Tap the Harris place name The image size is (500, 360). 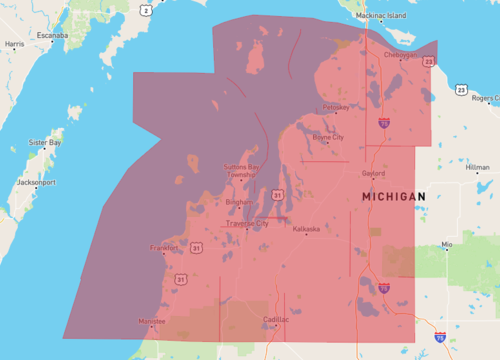pos(14,44)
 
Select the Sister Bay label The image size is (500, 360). pos(46,142)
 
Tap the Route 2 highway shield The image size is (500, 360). pos(146,10)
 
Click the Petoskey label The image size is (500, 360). pos(336,107)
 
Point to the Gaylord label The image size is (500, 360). pos(372,172)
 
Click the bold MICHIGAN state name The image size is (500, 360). pos(393,197)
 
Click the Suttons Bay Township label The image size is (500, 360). pos(241,170)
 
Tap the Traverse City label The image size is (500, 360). pos(247,223)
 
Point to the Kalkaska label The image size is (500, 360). pos(306,229)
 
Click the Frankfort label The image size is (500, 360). pos(164,247)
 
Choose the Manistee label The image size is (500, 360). pos(153,321)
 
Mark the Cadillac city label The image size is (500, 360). pos(276,319)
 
